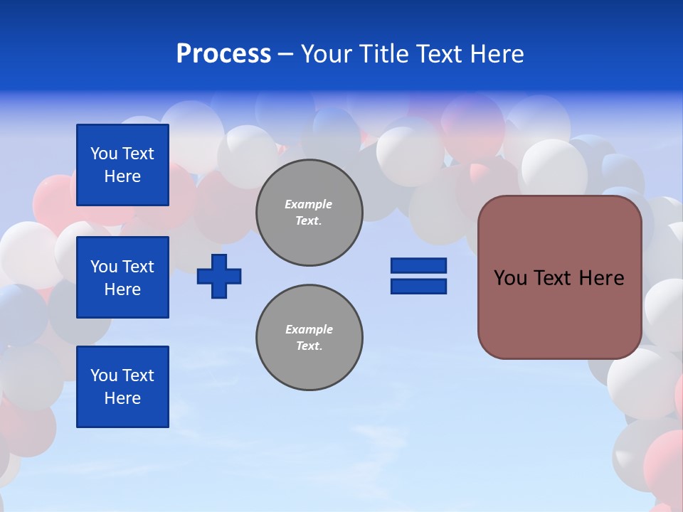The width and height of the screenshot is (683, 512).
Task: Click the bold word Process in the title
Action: coord(223,54)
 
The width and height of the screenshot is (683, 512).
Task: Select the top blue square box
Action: coord(122,165)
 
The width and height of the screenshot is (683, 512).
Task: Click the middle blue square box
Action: coord(122,277)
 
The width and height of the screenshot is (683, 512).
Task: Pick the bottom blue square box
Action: coord(122,387)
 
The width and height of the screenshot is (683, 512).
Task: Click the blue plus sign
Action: coord(219,276)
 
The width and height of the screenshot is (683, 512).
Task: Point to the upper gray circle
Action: coord(309,213)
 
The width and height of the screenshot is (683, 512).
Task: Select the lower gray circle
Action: coord(309,338)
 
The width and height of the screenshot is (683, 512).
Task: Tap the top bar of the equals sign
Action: coord(418,265)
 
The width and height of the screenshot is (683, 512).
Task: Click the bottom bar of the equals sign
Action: coord(418,286)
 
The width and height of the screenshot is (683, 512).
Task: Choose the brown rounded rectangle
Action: coord(559,277)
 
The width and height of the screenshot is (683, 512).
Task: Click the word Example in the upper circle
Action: coord(309,204)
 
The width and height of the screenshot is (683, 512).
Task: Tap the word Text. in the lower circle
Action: coord(309,346)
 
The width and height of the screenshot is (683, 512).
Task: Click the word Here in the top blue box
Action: coord(122,176)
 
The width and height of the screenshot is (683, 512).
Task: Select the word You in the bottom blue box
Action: coord(104,375)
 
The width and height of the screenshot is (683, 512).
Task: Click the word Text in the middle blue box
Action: coord(138,267)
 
